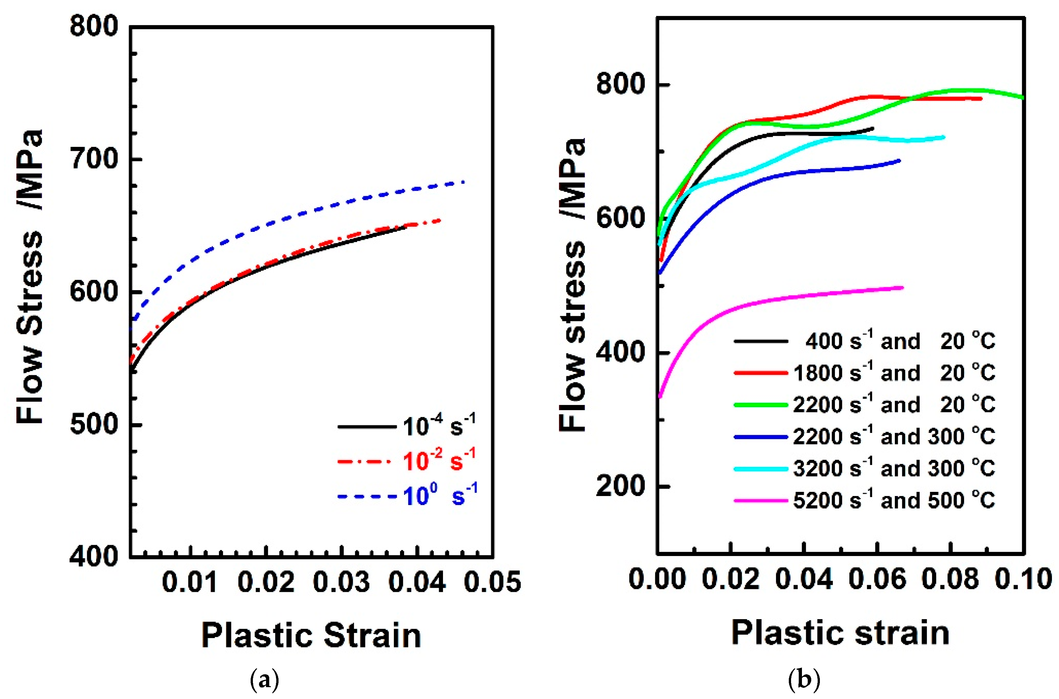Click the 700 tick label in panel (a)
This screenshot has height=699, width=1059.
point(94,159)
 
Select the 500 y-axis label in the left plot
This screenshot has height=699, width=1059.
point(94,425)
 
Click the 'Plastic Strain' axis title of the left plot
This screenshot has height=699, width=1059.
point(311,635)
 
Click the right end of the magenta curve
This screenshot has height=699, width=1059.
point(902,288)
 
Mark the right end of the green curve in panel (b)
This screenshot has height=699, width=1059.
point(1023,97)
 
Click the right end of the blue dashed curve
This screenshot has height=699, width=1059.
point(464,181)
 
